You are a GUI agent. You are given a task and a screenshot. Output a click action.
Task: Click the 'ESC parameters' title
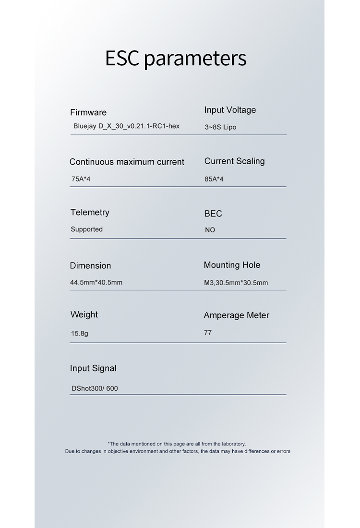pos(176,58)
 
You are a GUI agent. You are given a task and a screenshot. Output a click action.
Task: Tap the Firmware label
pos(88,112)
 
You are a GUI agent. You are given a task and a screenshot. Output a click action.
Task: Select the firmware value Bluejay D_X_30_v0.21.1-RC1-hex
pos(126,126)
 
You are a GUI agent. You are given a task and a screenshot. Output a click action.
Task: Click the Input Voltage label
pos(230,110)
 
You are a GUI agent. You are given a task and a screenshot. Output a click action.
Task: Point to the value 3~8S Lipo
pos(220,127)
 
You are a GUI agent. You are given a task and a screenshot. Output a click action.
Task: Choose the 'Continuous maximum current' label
pos(127,162)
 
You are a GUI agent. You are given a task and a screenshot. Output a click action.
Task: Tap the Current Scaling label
pos(234,161)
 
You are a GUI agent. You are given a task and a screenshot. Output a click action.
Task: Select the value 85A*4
pos(214,179)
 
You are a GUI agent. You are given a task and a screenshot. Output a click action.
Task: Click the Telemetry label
pos(90,212)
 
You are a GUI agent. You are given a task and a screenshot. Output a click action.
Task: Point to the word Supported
pos(86,229)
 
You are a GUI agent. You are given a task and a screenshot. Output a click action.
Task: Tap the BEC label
pos(213,214)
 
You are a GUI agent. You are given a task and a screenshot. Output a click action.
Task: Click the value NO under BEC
pos(210,230)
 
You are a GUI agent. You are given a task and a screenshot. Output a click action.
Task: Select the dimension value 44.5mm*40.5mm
pos(96,282)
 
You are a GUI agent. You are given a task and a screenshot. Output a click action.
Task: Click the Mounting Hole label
pos(232,265)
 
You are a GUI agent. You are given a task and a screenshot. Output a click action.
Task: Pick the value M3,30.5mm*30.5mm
pos(236,283)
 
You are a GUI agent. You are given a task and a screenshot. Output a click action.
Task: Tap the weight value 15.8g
pos(80,333)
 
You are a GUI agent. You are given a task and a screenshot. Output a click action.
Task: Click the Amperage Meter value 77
pos(208,333)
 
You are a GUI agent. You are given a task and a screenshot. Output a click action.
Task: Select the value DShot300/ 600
pos(95,388)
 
